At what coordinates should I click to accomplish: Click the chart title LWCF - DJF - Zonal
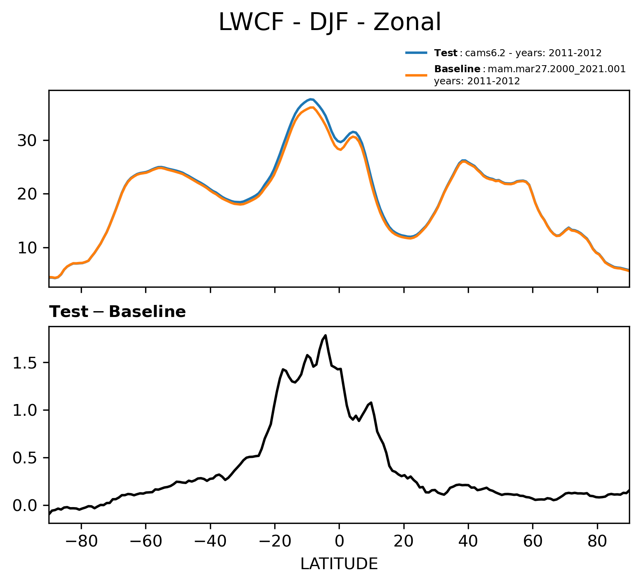330,22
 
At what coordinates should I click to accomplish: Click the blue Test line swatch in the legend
417,53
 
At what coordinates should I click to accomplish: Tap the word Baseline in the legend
457,69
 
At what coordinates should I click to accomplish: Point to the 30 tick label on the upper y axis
27,141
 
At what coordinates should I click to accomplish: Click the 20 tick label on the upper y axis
27,194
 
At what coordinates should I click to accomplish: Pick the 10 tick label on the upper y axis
27,248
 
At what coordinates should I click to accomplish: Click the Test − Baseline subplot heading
117,312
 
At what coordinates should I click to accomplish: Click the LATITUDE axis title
339,564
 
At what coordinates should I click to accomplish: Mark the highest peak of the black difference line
326,335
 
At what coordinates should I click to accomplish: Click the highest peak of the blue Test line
311,99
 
